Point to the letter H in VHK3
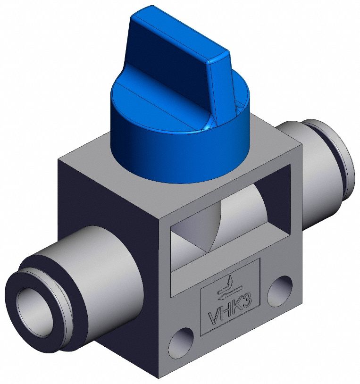226,311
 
